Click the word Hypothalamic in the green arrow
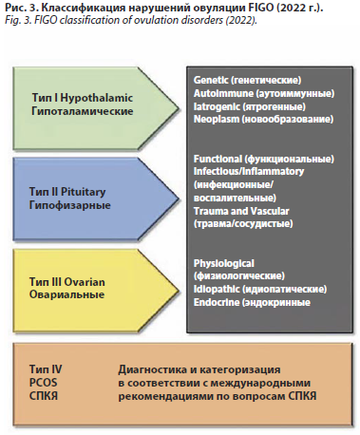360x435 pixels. [96, 98]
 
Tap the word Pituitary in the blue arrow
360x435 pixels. [83, 192]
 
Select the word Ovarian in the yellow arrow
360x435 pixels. [85, 282]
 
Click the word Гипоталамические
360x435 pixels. [83, 111]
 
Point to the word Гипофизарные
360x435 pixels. [70, 205]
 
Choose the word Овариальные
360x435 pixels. [66, 294]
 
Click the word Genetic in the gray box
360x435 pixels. [211, 80]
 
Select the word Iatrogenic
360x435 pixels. [217, 106]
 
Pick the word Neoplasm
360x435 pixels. [217, 120]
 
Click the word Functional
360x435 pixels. [218, 159]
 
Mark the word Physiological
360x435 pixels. [224, 263]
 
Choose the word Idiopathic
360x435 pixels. [217, 289]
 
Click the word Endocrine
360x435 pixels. [217, 302]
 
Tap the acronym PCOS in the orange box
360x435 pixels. [44, 383]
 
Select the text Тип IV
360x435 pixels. [46, 369]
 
